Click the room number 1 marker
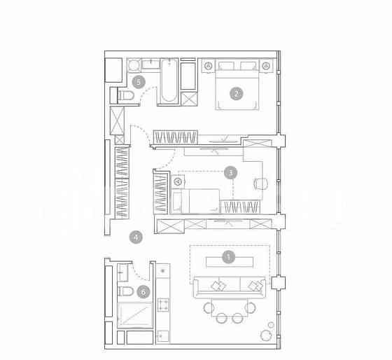228,256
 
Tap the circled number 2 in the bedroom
237,94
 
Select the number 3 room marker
230,172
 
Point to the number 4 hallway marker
136,237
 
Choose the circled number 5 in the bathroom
139,82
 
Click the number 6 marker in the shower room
143,291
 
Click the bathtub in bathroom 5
169,81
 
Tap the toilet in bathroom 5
126,95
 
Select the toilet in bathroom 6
125,291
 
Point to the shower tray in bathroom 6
135,315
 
